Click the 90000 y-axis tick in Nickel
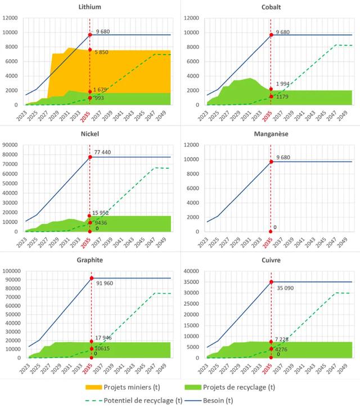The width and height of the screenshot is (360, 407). click(13, 145)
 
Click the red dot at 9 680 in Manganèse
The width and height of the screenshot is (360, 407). click(272, 162)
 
